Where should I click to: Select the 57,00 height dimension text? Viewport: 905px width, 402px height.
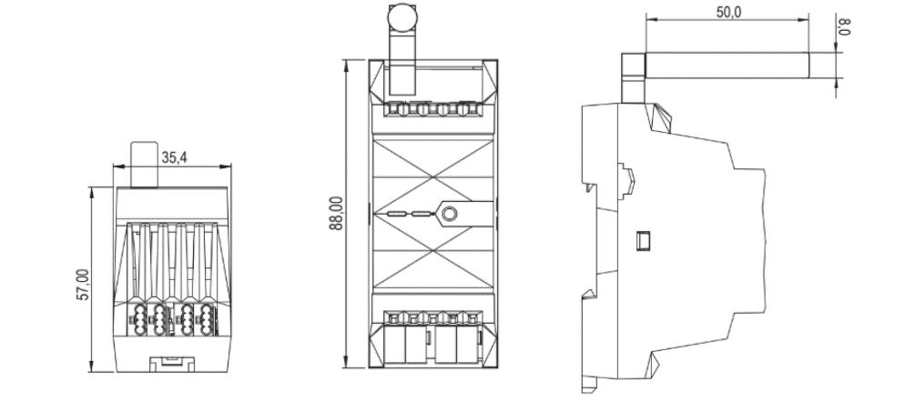pos(82,285)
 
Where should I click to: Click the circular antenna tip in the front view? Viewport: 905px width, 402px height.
pos(402,17)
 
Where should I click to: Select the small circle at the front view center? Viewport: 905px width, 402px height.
pos(448,215)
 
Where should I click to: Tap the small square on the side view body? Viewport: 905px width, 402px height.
pos(642,240)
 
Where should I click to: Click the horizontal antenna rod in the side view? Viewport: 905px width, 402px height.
pos(728,64)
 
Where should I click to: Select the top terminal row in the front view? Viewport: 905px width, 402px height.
pos(432,110)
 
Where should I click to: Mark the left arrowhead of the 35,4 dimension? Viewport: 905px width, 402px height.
pos(116,166)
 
